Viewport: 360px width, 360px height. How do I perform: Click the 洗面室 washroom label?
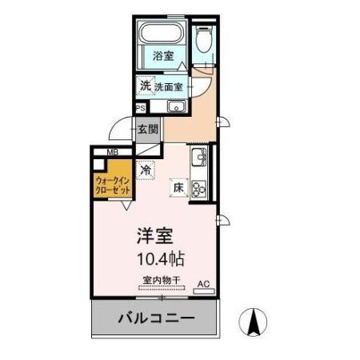[170, 86]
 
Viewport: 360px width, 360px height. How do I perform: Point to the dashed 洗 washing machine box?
[145, 85]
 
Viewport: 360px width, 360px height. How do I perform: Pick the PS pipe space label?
[141, 108]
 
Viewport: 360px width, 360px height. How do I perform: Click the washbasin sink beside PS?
[175, 107]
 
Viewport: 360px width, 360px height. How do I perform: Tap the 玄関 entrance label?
[147, 129]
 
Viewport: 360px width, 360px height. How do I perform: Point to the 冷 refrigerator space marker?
[146, 170]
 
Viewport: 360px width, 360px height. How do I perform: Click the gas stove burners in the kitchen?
[199, 186]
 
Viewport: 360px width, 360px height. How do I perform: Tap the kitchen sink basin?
[199, 155]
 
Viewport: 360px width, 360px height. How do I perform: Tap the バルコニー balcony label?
[156, 318]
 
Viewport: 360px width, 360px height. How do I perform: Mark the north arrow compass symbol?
[254, 322]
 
